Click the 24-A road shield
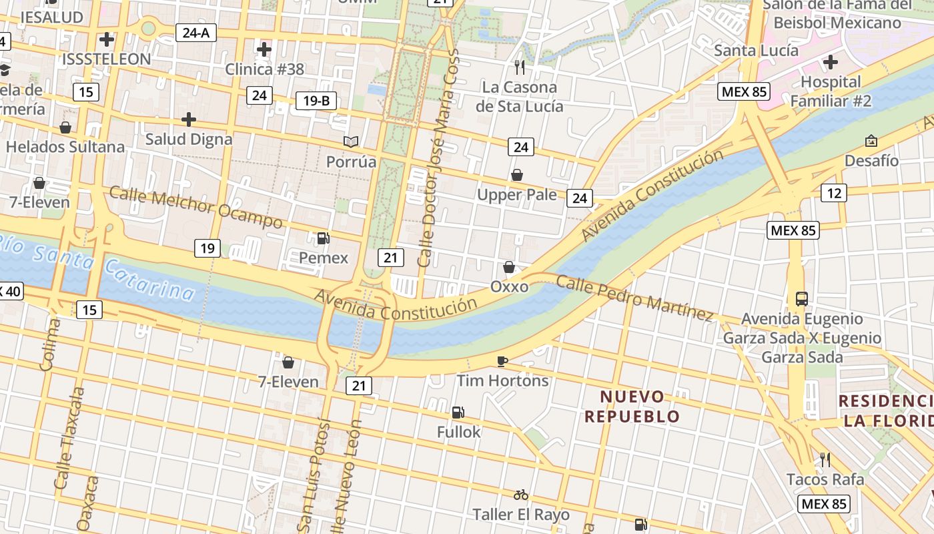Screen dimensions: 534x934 (x=196, y=31)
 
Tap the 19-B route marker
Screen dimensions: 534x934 (x=316, y=101)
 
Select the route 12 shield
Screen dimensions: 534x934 (x=834, y=193)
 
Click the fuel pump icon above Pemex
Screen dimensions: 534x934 (x=323, y=238)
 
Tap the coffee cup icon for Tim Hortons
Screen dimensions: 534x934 (x=502, y=361)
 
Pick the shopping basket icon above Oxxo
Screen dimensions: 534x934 (x=509, y=267)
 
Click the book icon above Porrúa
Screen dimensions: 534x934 (x=351, y=142)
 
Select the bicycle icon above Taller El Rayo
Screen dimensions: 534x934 (x=521, y=495)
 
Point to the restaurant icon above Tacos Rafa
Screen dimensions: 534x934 (x=825, y=459)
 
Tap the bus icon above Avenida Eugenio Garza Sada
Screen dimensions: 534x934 (x=802, y=298)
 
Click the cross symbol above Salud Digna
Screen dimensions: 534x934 (x=189, y=119)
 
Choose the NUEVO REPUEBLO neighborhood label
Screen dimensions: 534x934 (x=632, y=407)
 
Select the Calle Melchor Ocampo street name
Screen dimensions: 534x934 (x=195, y=207)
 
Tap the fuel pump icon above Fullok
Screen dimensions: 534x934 (x=458, y=413)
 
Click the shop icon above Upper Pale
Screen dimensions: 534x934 (x=516, y=175)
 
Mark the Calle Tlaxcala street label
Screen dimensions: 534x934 (x=70, y=437)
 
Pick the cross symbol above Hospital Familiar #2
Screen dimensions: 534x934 (x=831, y=62)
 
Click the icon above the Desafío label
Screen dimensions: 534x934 (x=871, y=141)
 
